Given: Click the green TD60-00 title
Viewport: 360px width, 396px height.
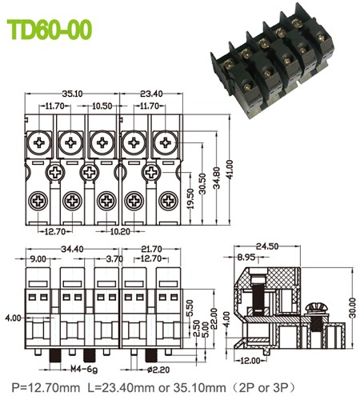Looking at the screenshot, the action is click(50, 30).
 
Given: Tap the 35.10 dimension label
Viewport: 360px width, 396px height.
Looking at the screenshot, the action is click(73, 94).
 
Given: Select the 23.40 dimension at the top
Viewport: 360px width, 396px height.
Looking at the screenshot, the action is click(151, 94).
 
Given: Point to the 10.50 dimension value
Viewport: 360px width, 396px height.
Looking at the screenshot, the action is click(102, 106).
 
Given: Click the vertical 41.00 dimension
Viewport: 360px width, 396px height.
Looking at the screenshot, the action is click(230, 170).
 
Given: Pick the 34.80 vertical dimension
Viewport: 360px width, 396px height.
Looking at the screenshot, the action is click(217, 178).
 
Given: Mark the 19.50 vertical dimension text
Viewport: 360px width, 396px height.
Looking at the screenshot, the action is click(190, 198).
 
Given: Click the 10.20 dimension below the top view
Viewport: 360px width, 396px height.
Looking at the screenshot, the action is click(120, 231).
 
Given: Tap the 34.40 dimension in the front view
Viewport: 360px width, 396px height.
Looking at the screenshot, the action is click(72, 250).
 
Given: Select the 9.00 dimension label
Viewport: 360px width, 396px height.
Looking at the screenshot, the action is click(38, 258).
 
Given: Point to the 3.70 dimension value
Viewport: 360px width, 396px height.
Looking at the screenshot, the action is click(114, 258).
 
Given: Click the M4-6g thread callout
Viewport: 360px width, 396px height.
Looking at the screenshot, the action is click(84, 370).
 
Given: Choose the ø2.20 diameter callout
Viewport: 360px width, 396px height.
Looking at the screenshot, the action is click(158, 370).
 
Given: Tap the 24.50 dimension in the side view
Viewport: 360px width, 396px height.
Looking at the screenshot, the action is click(267, 246).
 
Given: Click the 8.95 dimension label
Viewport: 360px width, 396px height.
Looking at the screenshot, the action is click(246, 258).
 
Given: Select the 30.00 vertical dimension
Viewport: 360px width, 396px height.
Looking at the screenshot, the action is click(353, 308).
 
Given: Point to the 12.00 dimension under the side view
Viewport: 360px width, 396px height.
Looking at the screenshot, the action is click(250, 361).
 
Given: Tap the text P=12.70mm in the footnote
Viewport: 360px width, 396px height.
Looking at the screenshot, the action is click(46, 387).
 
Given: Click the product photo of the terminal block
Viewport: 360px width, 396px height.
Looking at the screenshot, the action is click(272, 61).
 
